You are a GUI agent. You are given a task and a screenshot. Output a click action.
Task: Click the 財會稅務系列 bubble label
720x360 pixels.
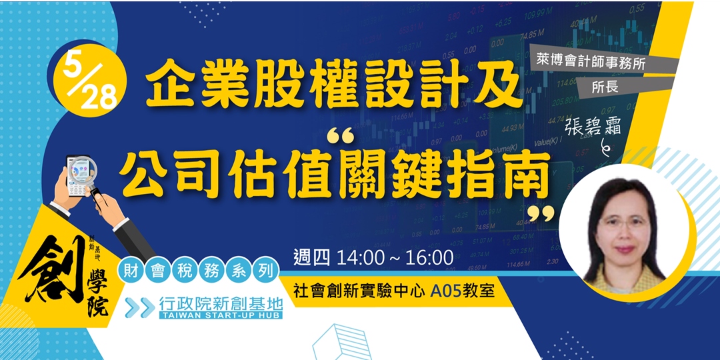[x=197, y=271]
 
